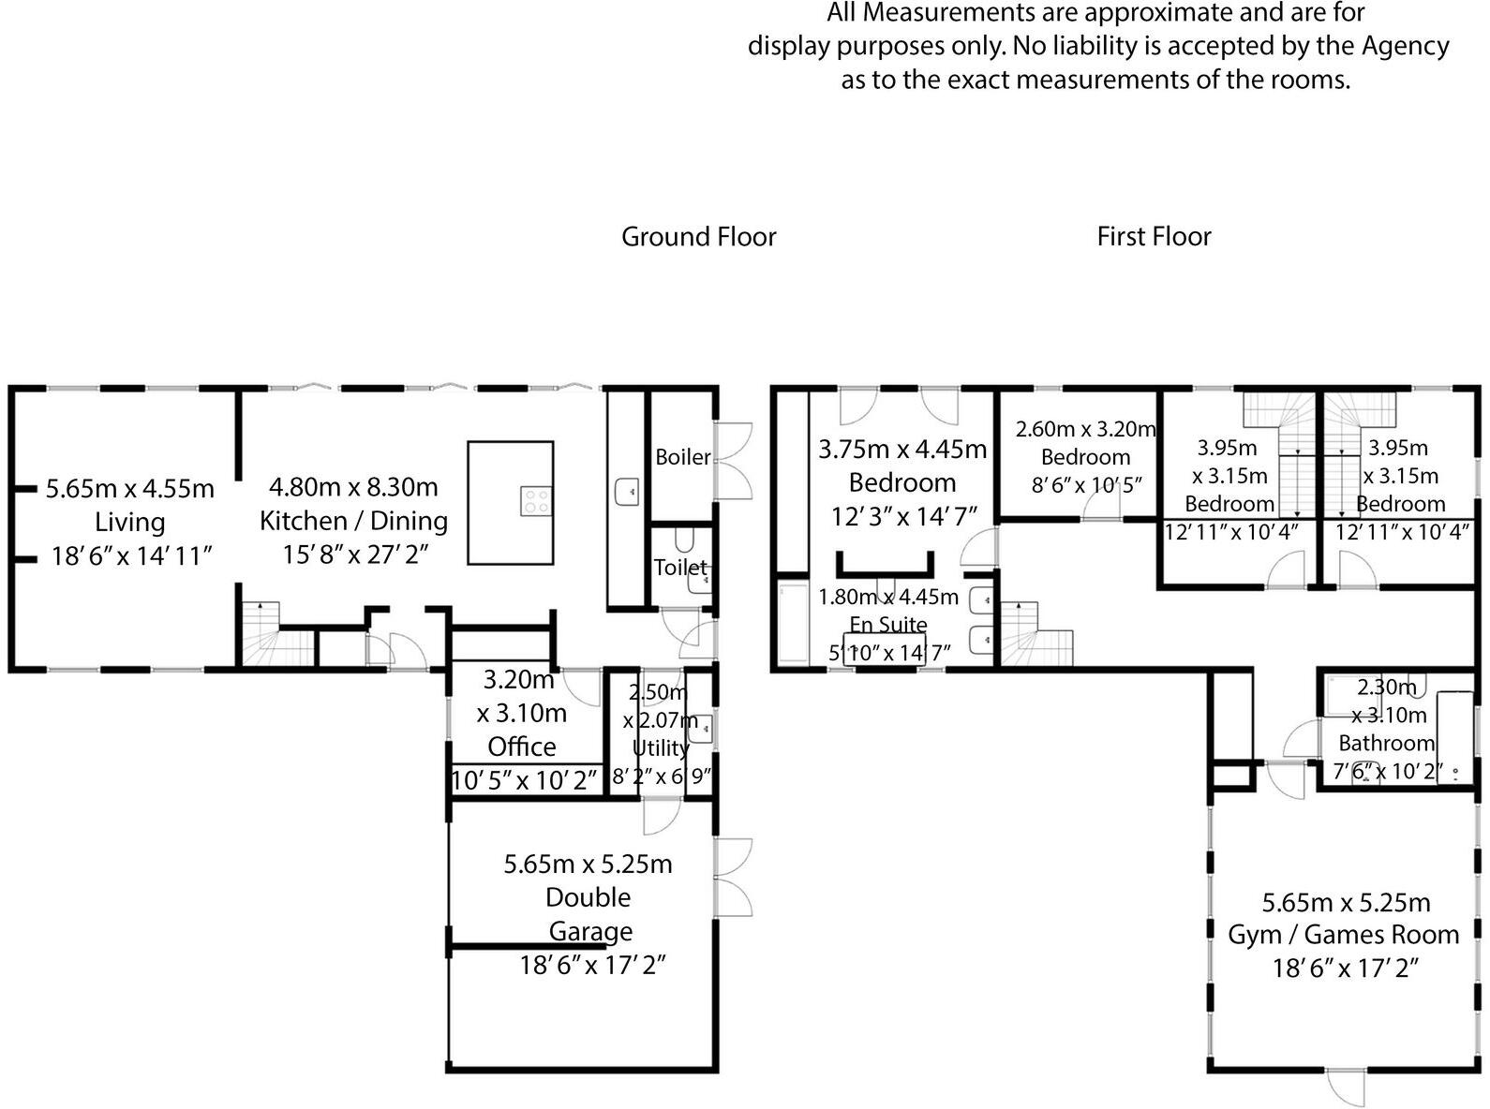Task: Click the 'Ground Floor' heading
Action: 698,236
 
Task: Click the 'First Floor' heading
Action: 1154,236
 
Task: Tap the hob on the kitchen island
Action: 536,500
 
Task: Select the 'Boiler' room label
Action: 682,457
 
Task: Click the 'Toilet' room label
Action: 680,567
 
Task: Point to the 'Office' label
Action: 522,747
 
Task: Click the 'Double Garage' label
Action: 589,913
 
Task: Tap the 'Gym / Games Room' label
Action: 1343,934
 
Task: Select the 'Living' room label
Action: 129,522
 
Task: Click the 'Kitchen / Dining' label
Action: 353,520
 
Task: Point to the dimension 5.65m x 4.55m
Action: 129,488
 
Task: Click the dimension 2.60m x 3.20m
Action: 1084,429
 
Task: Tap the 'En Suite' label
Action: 888,624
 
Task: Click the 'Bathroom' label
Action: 1386,743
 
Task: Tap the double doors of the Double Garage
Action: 734,878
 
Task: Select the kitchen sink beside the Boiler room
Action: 627,490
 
